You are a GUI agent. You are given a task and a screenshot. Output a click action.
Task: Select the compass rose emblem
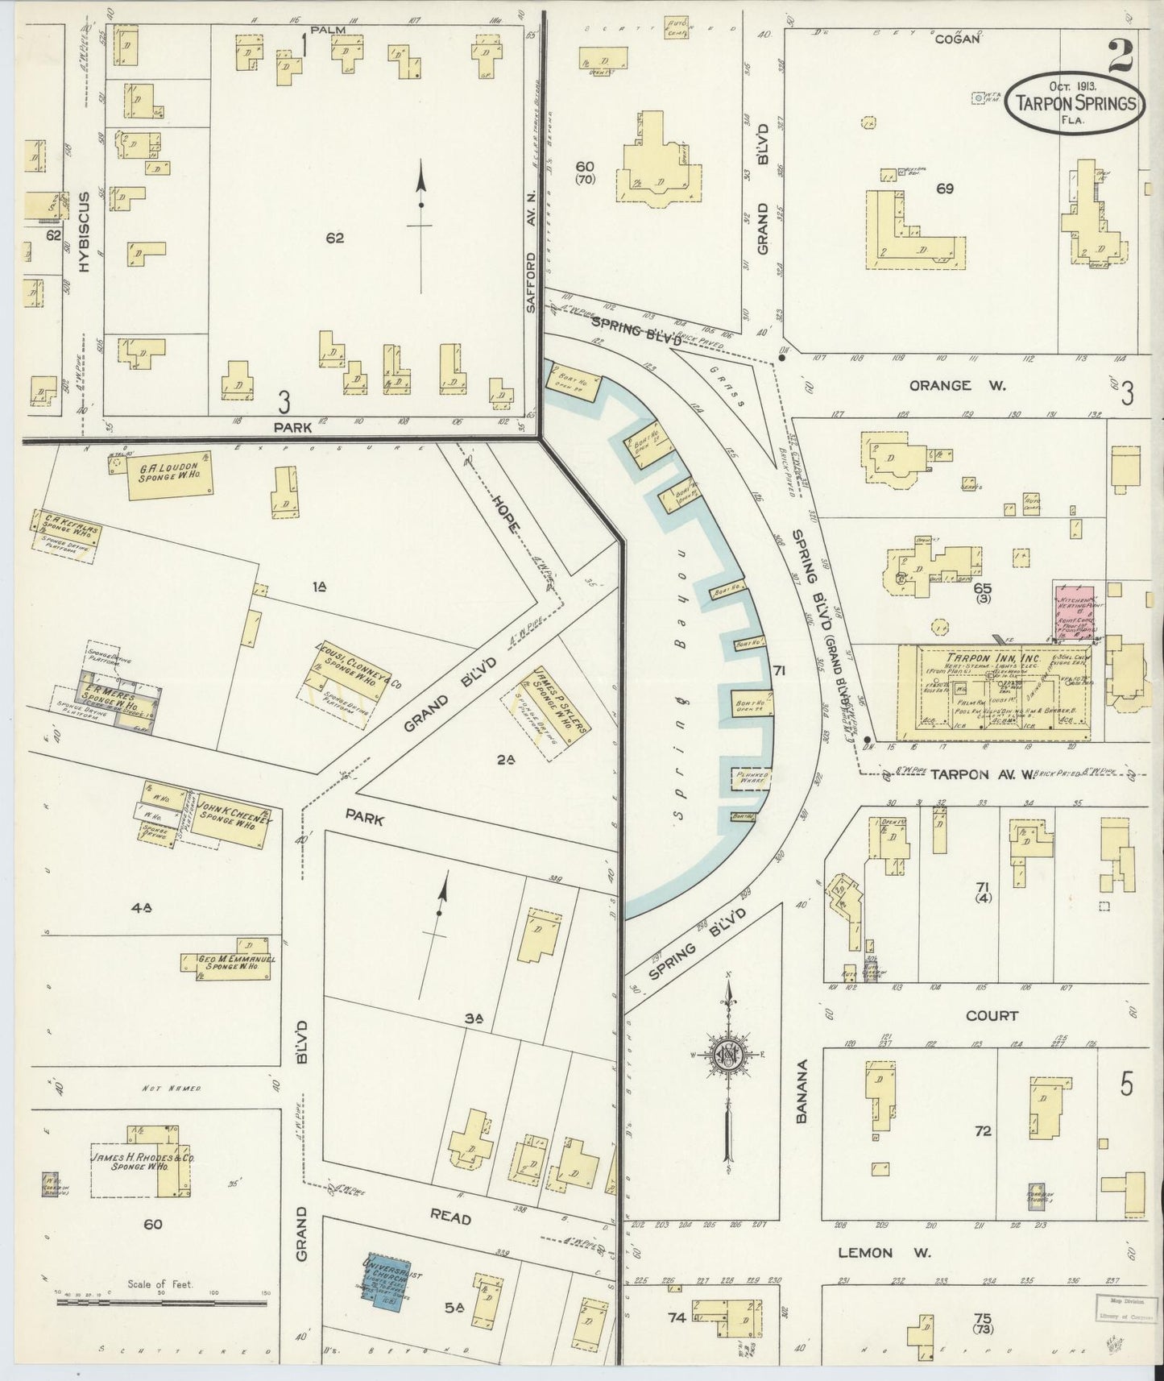click(727, 1055)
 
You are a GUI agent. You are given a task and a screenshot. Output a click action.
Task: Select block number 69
click(945, 189)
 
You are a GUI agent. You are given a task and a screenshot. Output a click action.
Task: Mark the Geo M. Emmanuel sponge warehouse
click(233, 963)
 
